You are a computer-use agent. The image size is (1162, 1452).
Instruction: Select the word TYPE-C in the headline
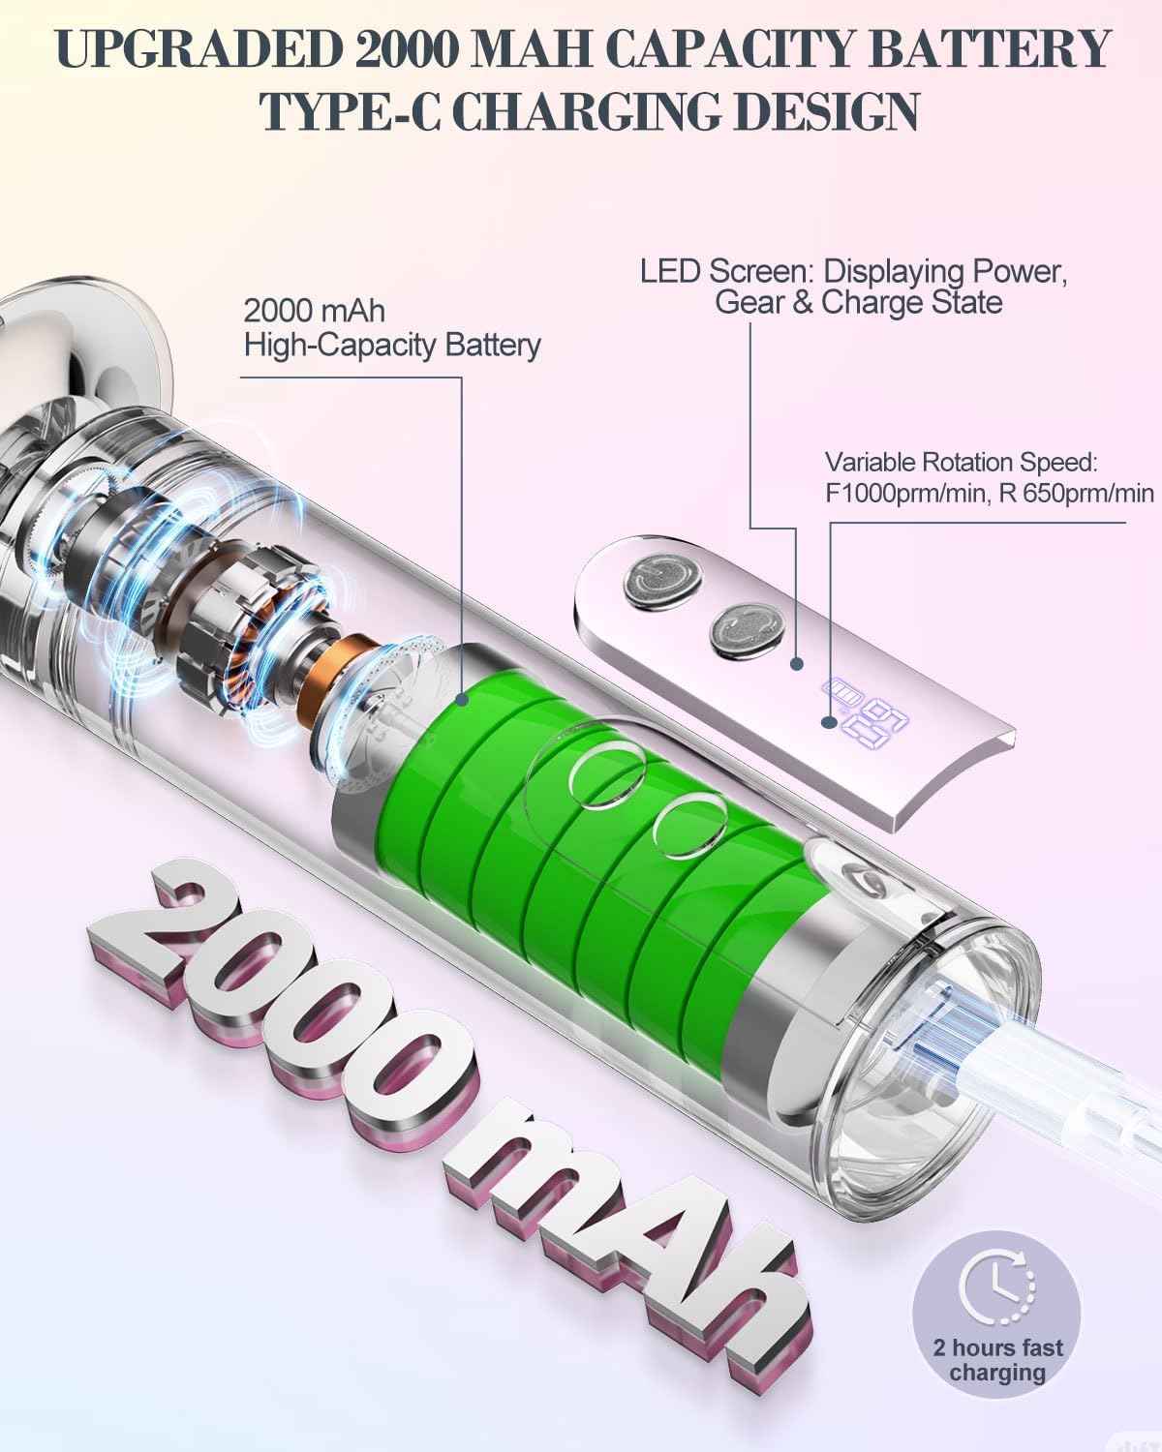pos(351,111)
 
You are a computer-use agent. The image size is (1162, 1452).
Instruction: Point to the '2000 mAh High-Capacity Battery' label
pos(391,328)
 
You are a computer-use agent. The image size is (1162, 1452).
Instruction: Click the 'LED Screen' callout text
pos(853,287)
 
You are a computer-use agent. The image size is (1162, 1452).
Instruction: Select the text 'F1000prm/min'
pos(906,494)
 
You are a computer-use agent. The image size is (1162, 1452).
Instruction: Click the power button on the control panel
pos(661,580)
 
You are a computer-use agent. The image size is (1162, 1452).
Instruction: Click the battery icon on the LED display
pos(843,691)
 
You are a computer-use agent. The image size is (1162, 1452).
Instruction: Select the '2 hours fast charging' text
pos(997,1361)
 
